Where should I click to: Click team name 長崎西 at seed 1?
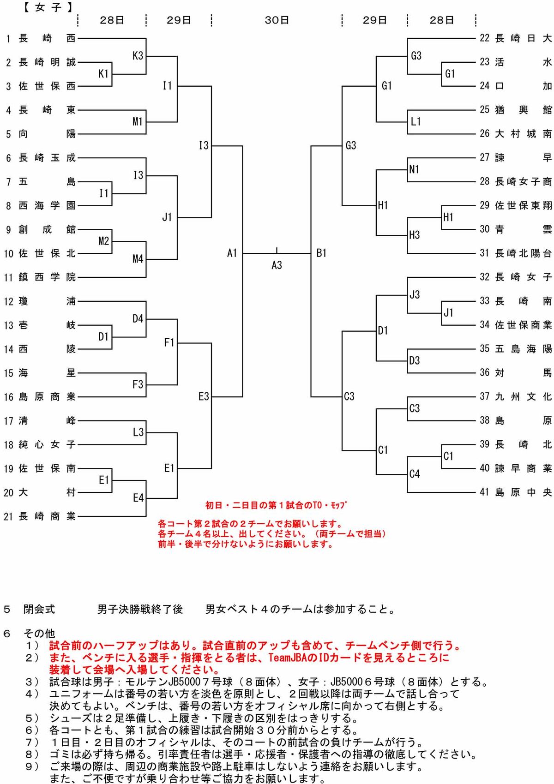point(47,38)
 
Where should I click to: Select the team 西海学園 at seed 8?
point(47,205)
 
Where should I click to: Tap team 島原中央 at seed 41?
point(523,492)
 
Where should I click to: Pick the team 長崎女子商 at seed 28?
point(523,182)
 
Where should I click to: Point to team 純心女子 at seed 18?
point(47,444)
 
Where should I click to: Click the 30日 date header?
point(277,20)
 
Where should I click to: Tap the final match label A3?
point(277,265)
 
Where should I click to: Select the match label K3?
point(138,56)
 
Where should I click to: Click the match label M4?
point(138,259)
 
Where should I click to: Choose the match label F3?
point(138,384)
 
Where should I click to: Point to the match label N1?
point(414,169)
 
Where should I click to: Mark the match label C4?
point(415,474)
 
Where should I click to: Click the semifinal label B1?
point(321,253)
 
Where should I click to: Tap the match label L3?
point(138,432)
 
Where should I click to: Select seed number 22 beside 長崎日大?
point(484,38)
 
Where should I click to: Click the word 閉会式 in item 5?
point(39,609)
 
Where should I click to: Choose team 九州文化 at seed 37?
point(523,396)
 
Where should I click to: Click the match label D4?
point(138,319)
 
